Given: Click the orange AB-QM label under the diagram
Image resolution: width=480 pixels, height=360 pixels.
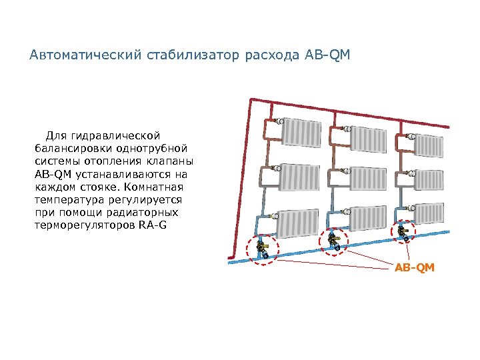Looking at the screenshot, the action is click(414, 267).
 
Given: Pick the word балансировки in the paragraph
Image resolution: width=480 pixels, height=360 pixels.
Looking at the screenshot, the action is click(69, 149).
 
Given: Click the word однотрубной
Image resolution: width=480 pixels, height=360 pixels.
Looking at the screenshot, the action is click(148, 149).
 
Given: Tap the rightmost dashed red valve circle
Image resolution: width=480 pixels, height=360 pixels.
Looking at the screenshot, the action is click(401, 233).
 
